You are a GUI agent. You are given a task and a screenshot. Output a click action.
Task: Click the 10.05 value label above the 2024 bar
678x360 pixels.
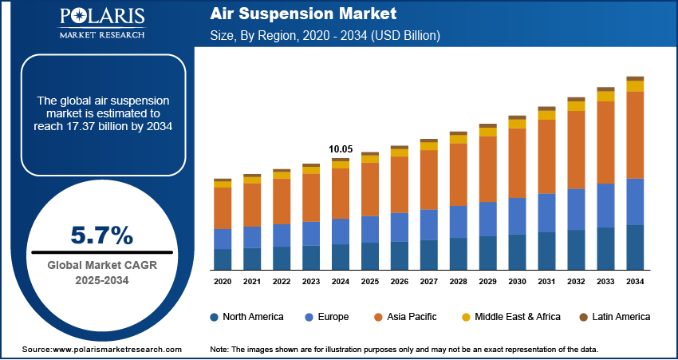(x=341, y=149)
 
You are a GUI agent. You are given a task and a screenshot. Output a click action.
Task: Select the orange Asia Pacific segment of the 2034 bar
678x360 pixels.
(x=635, y=134)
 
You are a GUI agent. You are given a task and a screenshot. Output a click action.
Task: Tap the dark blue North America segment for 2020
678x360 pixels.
(x=223, y=259)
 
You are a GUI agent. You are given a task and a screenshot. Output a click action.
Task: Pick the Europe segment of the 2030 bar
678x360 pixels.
(x=517, y=216)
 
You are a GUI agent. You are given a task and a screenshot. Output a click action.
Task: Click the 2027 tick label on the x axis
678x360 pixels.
(x=428, y=282)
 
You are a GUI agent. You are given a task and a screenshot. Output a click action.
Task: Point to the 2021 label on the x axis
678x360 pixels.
(x=252, y=282)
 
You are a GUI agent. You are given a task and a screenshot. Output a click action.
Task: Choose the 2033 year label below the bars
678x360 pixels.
(x=605, y=282)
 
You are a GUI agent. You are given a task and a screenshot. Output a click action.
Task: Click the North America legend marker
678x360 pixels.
(x=215, y=317)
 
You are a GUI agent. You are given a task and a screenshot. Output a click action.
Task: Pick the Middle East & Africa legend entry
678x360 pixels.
(x=511, y=317)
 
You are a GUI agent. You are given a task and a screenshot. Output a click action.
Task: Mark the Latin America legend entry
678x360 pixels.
(x=609, y=317)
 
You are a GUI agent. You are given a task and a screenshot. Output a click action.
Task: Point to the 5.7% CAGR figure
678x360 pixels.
(x=102, y=235)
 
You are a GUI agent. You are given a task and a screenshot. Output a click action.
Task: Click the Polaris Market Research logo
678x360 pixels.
(x=101, y=24)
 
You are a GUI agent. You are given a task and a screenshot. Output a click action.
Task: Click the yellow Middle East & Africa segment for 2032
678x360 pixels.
(x=576, y=106)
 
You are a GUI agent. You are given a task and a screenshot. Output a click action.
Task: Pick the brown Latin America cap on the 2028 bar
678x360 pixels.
(x=458, y=133)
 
